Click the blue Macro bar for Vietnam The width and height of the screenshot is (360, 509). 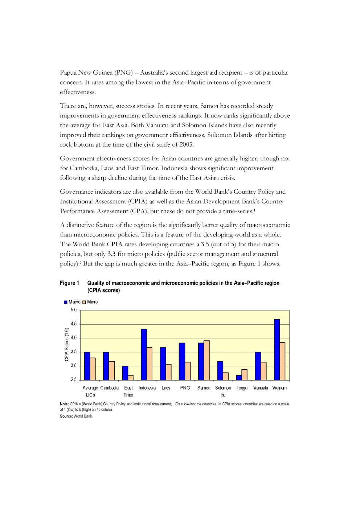pos(277,349)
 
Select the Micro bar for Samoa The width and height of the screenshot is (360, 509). pos(207,360)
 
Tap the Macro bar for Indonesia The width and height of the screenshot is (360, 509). pos(144,354)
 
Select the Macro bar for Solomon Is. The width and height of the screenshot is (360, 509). pos(220,370)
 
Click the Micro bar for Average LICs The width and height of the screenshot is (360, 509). pos(93,369)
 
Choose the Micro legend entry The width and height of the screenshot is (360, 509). pos(90,302)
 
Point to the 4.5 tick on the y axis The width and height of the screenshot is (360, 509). pos(74,324)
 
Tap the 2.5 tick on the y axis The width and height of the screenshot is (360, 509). pos(74,379)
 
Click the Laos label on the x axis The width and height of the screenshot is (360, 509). pos(166,388)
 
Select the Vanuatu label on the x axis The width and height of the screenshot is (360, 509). pos(261,388)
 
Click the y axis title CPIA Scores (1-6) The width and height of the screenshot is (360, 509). pos(66,345)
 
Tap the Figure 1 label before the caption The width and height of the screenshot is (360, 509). pos(69,283)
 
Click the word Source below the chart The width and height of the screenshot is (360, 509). pos(66,416)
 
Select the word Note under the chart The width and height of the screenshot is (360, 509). pos(64,404)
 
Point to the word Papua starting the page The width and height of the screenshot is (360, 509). pos(68,73)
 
